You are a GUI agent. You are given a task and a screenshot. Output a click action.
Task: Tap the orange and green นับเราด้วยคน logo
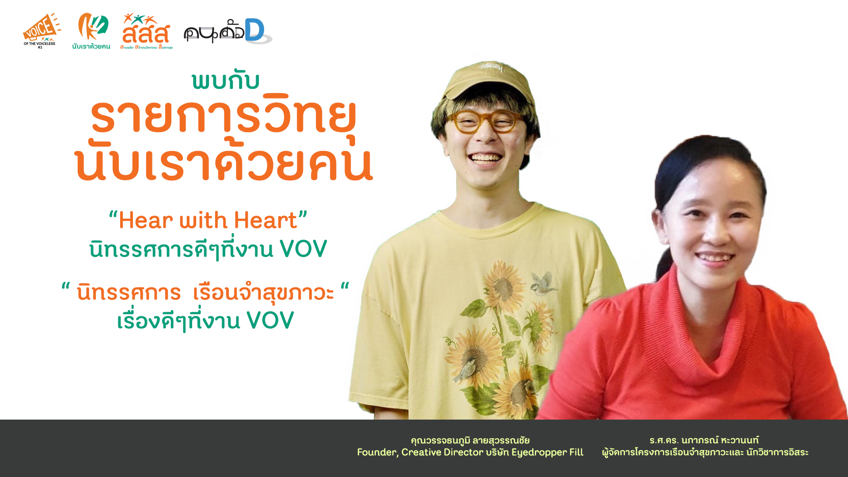pyautogui.click(x=91, y=31)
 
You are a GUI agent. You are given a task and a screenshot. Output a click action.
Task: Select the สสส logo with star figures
pyautogui.click(x=146, y=31)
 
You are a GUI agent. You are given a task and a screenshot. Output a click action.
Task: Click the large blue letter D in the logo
pyautogui.click(x=255, y=30)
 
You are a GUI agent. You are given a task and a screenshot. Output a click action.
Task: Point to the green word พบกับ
pyautogui.click(x=226, y=81)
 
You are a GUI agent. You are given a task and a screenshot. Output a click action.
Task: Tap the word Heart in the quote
pyautogui.click(x=265, y=220)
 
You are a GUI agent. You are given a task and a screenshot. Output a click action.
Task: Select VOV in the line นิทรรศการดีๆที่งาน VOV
pyautogui.click(x=303, y=249)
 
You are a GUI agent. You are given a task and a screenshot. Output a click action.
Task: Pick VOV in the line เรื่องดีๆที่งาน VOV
pyautogui.click(x=270, y=320)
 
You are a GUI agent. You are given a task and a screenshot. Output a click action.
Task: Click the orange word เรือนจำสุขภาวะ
pyautogui.click(x=264, y=292)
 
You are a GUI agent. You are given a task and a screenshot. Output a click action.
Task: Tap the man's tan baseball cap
pyautogui.click(x=490, y=82)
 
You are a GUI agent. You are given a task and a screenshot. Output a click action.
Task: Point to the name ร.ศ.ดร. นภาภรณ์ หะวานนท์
pyautogui.click(x=704, y=440)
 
